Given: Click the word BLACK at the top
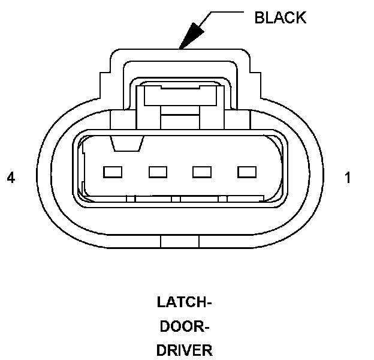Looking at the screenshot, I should tap(280, 17).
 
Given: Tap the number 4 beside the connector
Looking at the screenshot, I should tap(10, 178).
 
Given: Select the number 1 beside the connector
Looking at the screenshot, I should tap(348, 178).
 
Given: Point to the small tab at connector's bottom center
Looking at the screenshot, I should tap(180, 242).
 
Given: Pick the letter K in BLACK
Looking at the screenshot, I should tap(301, 17).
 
